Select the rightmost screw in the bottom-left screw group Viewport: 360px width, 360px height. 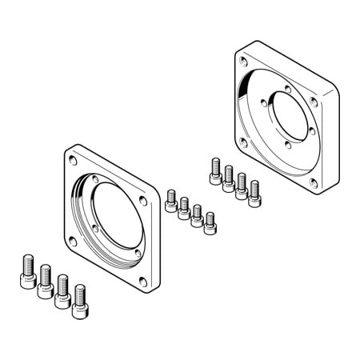pos(79,297)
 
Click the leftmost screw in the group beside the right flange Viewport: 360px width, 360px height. pos(215,170)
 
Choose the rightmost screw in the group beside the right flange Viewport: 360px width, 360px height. pos(254,194)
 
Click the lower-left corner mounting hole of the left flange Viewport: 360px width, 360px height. pos(76,239)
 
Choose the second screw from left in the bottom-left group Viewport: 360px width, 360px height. pos(44,281)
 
